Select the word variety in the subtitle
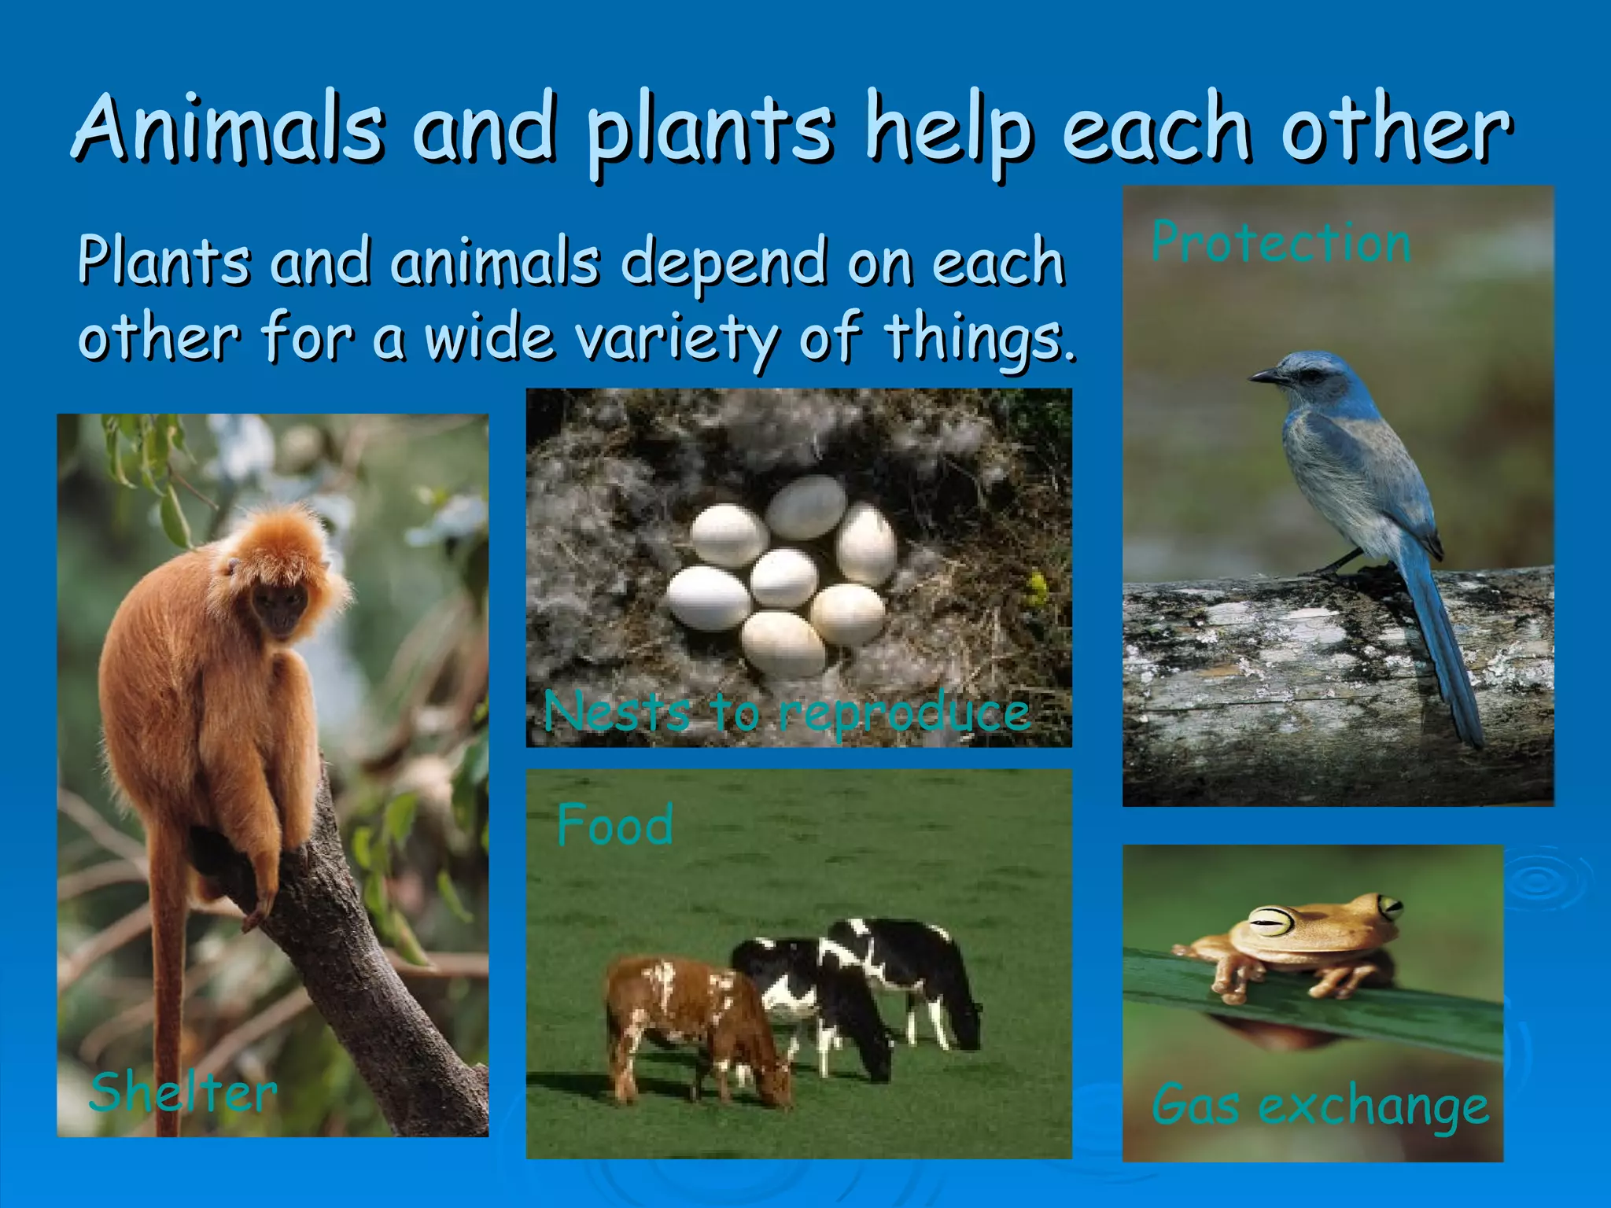coord(676,338)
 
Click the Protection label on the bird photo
coord(1281,242)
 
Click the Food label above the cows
coord(614,826)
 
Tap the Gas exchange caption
coord(1319,1106)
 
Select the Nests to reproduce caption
coord(787,712)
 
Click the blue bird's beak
coord(1263,377)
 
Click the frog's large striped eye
coord(1273,920)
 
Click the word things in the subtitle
coord(979,338)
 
